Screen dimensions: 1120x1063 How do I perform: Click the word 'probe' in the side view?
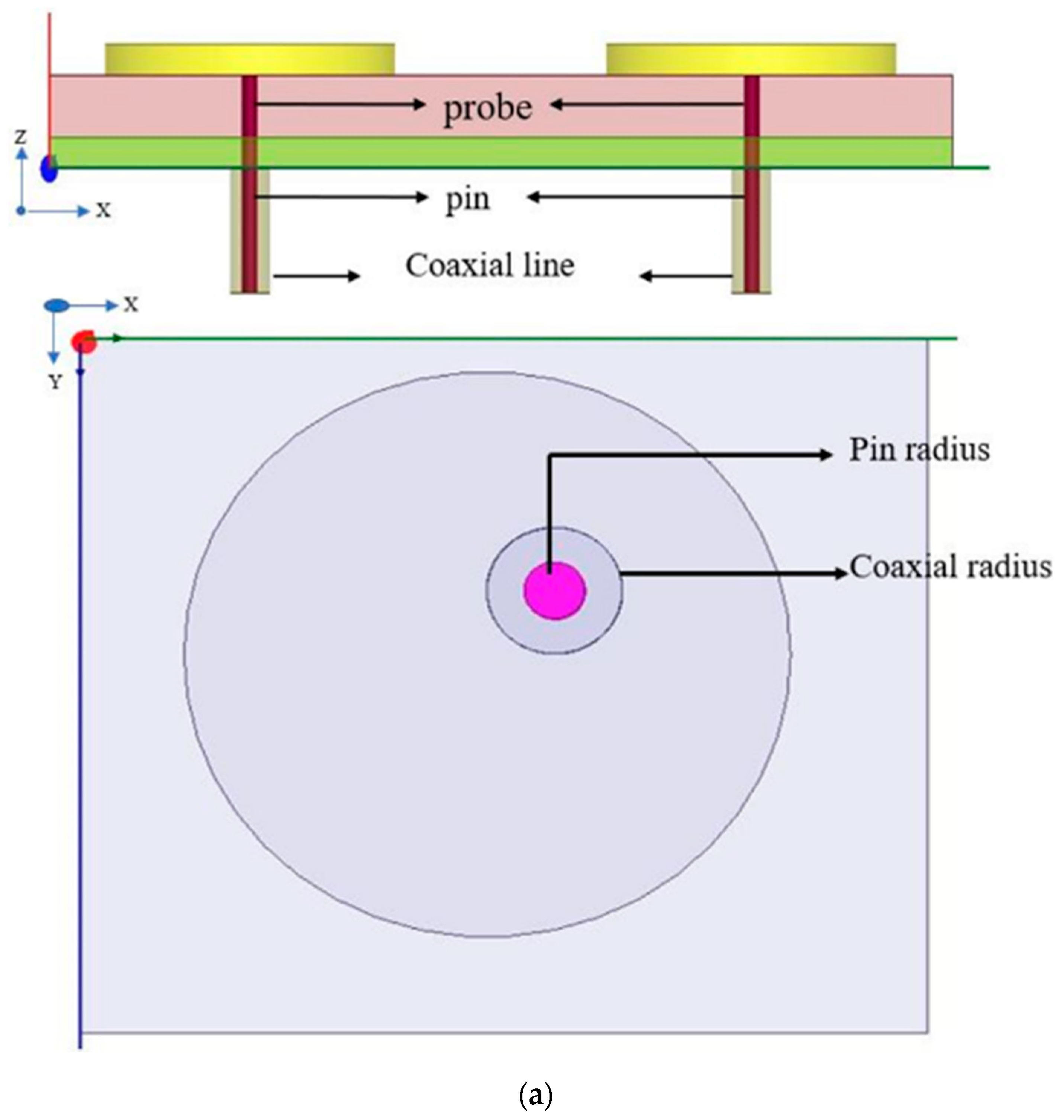pyautogui.click(x=488, y=108)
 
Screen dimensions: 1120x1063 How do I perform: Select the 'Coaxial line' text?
pyautogui.click(x=490, y=265)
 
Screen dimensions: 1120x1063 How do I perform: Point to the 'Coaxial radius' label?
pyautogui.click(x=950, y=567)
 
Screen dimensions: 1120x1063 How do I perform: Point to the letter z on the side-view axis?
pyautogui.click(x=21, y=136)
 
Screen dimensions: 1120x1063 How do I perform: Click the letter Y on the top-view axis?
pyautogui.click(x=54, y=383)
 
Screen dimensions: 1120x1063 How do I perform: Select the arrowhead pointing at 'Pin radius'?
pyautogui.click(x=827, y=454)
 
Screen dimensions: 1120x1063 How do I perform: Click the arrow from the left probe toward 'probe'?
pyautogui.click(x=340, y=104)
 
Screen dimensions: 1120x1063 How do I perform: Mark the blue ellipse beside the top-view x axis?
pyautogui.click(x=57, y=306)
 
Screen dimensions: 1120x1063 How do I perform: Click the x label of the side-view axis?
pyautogui.click(x=103, y=211)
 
